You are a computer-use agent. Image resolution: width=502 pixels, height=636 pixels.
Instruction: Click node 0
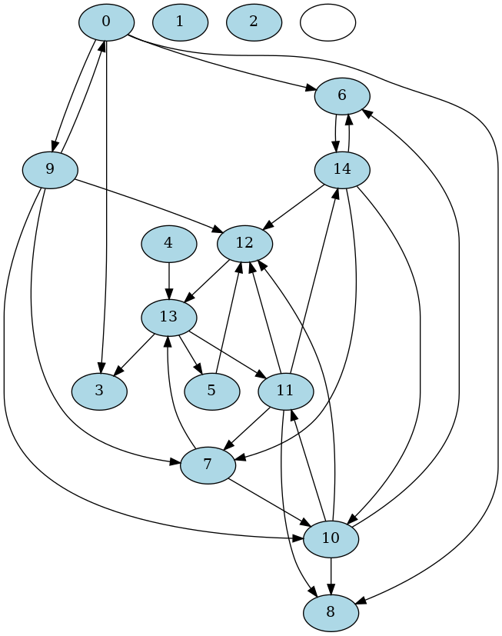[106, 22]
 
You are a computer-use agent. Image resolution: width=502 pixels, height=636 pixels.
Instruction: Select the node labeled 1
[180, 22]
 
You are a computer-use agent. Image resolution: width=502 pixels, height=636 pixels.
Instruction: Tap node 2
[254, 22]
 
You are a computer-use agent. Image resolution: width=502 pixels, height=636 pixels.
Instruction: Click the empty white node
[327, 22]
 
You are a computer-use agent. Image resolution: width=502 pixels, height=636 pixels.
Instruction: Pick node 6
[342, 95]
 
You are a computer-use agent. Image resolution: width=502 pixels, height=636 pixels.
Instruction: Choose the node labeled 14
[342, 169]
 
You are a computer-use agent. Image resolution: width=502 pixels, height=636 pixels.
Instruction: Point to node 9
[50, 169]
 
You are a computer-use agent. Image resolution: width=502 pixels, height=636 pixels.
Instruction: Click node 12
[245, 243]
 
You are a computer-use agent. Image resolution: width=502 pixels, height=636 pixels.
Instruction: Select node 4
[168, 243]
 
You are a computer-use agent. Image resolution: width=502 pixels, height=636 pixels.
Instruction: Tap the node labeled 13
[169, 317]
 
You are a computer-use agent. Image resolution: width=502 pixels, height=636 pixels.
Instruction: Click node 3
[99, 391]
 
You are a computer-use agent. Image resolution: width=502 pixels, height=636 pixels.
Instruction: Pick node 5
[211, 391]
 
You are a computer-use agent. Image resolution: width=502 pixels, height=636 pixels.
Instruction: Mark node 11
[285, 391]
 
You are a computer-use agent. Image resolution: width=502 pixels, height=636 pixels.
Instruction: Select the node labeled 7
[208, 465]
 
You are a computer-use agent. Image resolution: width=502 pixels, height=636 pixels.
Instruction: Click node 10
[331, 538]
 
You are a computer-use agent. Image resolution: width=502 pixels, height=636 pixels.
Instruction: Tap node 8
[331, 612]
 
